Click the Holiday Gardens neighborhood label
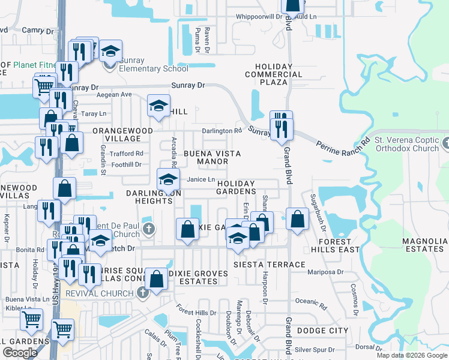click(x=237, y=187)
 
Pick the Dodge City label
click(x=322, y=331)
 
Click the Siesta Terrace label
click(x=270, y=265)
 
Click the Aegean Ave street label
click(x=114, y=95)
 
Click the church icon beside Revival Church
click(x=142, y=293)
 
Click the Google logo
click(x=20, y=353)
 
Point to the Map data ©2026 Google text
click(x=411, y=355)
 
